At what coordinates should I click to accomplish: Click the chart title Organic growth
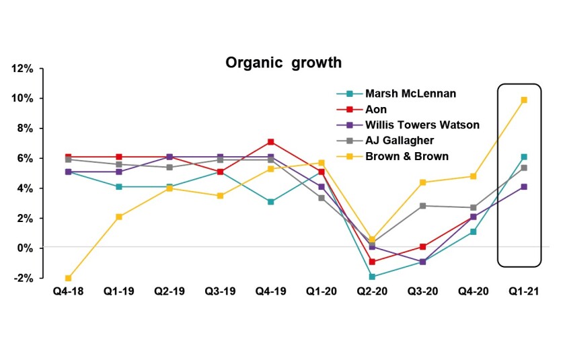pos(283,63)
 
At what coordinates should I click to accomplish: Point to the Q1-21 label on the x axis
pos(524,293)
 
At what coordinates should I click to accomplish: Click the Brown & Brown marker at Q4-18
pos(68,278)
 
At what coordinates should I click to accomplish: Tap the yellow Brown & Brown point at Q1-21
pos(524,100)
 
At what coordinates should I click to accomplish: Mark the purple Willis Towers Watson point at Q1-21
pos(524,187)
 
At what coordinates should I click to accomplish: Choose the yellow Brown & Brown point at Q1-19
pos(118,217)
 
